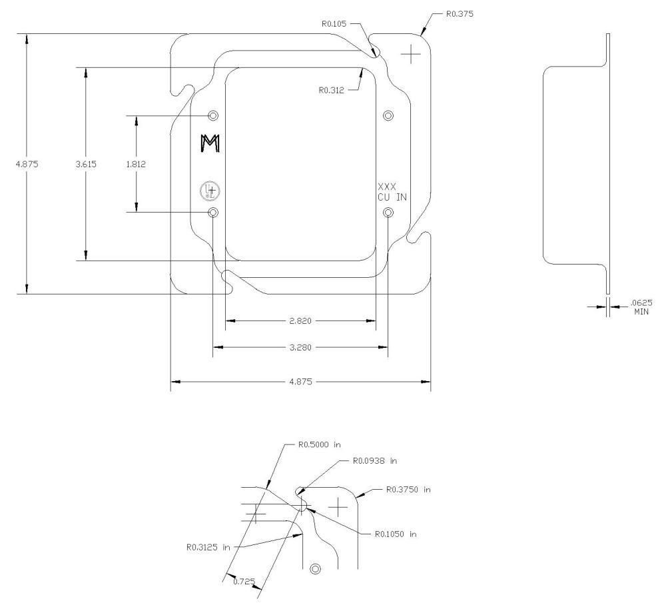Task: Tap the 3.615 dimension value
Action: tap(87, 164)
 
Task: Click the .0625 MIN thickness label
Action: tap(640, 306)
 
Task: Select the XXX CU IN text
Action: tap(392, 191)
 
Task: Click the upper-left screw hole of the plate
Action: tap(213, 115)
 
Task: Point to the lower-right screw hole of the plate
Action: tap(389, 213)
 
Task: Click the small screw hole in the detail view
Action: tap(316, 568)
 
